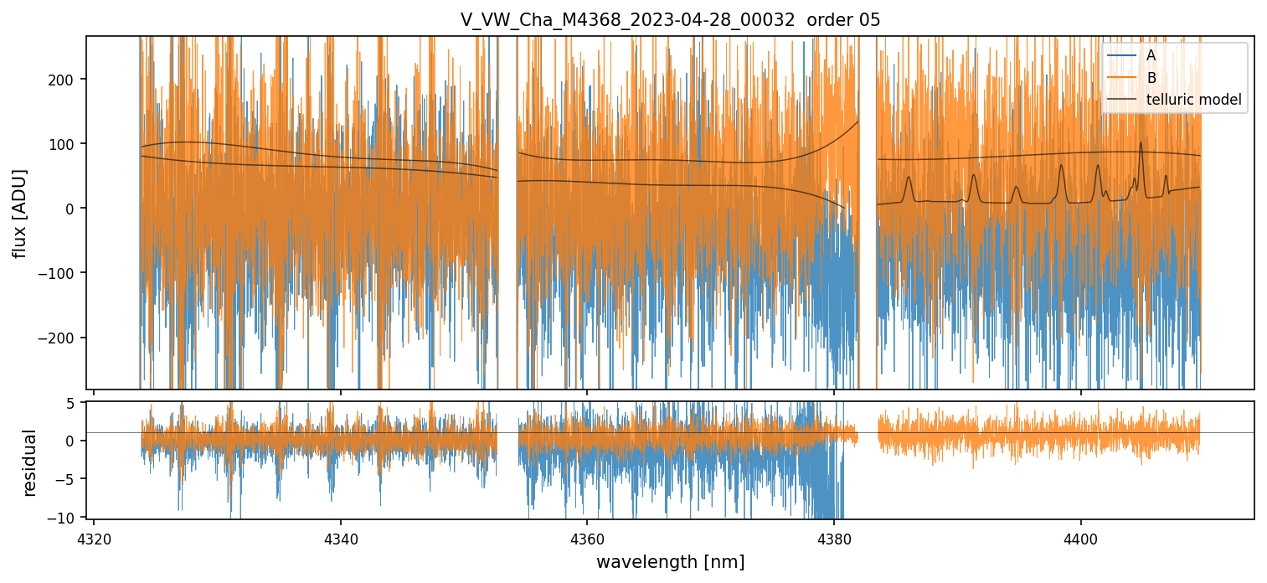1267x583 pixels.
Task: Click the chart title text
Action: (x=670, y=20)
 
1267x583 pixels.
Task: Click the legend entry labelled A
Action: (x=1151, y=55)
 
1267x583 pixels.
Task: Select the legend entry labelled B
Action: (x=1151, y=78)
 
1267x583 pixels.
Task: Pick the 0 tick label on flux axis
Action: (x=71, y=209)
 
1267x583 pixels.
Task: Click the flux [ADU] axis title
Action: (x=19, y=213)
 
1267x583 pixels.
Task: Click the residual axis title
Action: (x=30, y=462)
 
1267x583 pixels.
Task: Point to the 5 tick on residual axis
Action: (x=71, y=403)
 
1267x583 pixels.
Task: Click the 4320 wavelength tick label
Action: (x=94, y=536)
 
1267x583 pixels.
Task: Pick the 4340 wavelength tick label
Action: (x=340, y=536)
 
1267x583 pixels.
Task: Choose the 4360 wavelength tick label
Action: (x=587, y=536)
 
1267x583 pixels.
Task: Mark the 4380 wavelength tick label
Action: (x=834, y=536)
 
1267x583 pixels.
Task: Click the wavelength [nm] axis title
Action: (x=670, y=561)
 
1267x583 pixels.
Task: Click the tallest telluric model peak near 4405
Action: (x=1141, y=144)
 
